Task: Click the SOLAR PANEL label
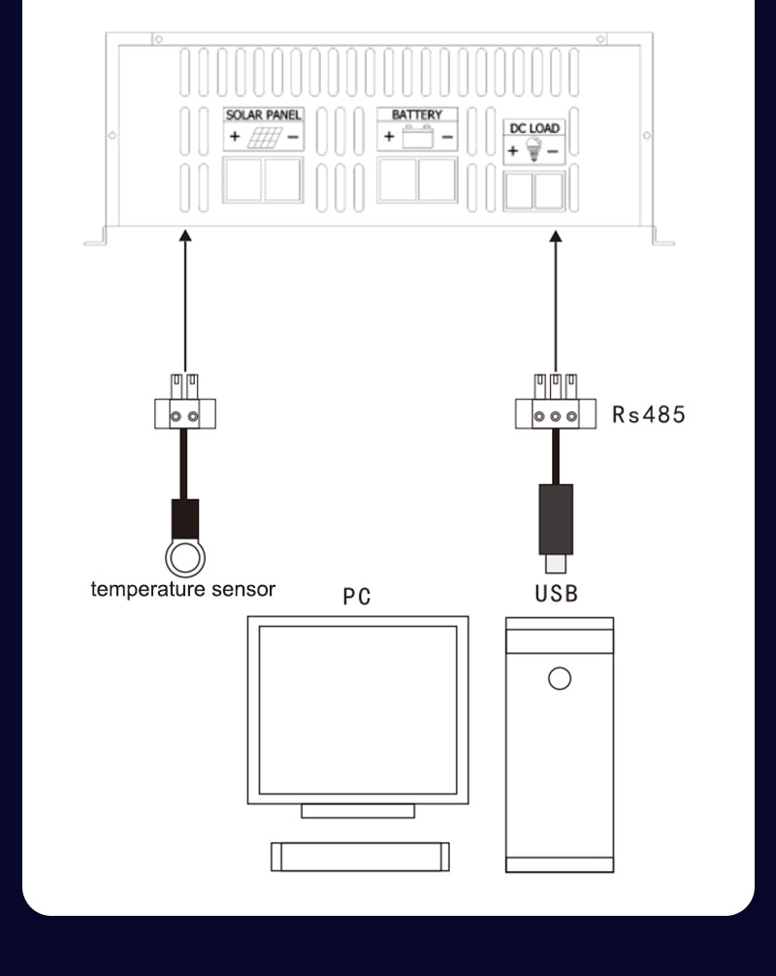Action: click(264, 114)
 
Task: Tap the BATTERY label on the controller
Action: click(417, 114)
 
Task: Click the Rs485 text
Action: click(648, 414)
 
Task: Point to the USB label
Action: click(557, 593)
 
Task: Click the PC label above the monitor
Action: click(357, 596)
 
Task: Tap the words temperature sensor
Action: click(183, 589)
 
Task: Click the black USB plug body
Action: click(556, 518)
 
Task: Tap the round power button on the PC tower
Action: click(560, 678)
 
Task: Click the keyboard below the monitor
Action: click(359, 856)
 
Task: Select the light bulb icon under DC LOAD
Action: click(532, 149)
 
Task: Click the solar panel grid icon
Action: click(264, 137)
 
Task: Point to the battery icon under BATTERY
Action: click(417, 136)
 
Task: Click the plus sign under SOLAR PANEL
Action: click(234, 137)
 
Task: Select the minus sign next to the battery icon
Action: click(447, 137)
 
